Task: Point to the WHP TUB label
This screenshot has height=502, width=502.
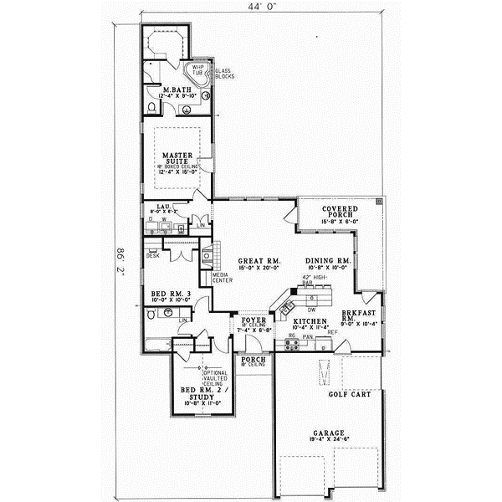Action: click(x=198, y=70)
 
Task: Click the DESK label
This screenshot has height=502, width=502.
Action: click(x=153, y=255)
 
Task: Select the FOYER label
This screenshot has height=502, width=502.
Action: click(x=254, y=320)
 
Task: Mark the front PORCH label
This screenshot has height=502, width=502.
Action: click(x=254, y=360)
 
